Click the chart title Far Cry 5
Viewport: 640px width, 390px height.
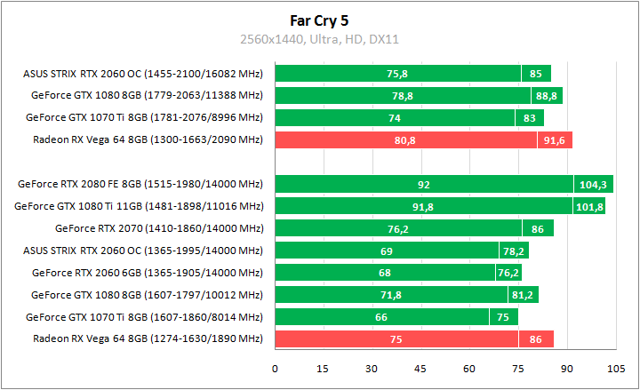pyautogui.click(x=320, y=19)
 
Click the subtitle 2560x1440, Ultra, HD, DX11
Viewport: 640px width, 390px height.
pyautogui.click(x=320, y=39)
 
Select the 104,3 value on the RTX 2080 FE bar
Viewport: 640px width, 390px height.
pyautogui.click(x=592, y=185)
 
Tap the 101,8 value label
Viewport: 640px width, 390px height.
pyautogui.click(x=589, y=207)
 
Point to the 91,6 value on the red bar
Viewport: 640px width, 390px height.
pyautogui.click(x=555, y=139)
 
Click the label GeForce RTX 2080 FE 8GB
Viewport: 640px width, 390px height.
pyautogui.click(x=140, y=185)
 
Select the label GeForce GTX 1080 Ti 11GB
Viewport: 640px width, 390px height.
pyautogui.click(x=139, y=207)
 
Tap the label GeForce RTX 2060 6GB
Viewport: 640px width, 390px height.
pyautogui.click(x=148, y=273)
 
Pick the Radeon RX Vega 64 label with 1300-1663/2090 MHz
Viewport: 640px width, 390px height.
pyautogui.click(x=148, y=139)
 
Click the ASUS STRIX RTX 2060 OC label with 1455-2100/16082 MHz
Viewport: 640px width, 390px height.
pyautogui.click(x=143, y=74)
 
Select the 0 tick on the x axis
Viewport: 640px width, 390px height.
pyautogui.click(x=276, y=368)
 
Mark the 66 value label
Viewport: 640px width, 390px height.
pyautogui.click(x=382, y=316)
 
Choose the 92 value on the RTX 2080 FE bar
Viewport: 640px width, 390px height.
pyautogui.click(x=424, y=185)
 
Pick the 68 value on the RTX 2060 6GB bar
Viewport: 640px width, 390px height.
pyautogui.click(x=385, y=273)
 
